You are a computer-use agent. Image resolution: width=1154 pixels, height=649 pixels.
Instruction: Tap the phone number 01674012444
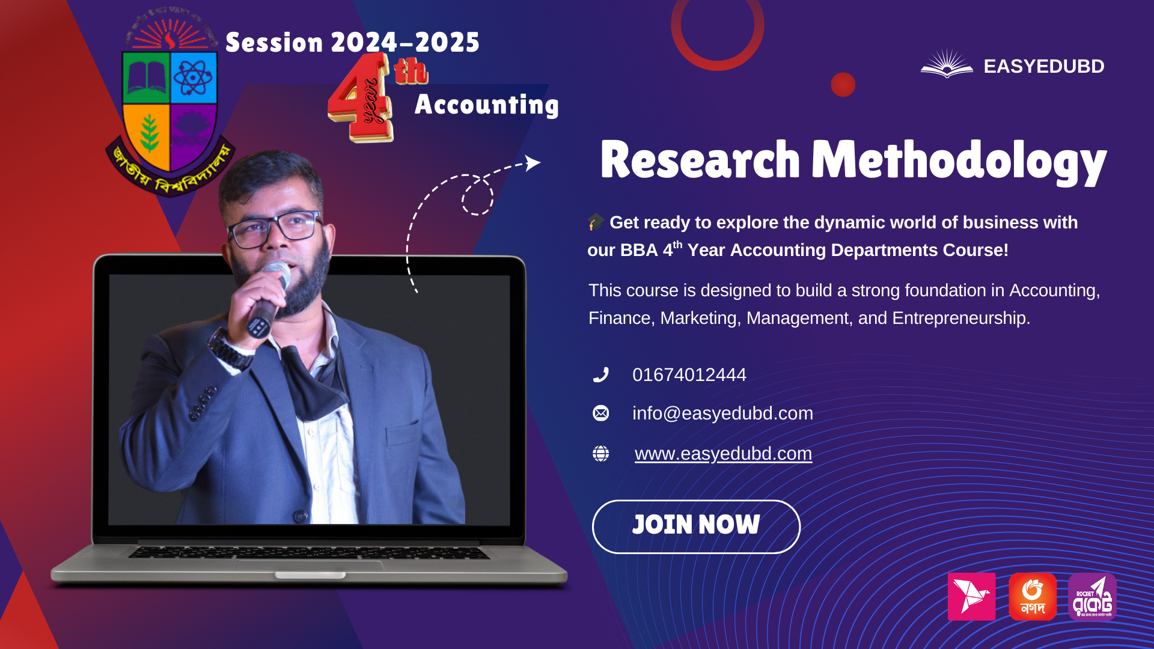[689, 375]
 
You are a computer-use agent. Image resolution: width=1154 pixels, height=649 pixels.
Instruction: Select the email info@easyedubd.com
[722, 413]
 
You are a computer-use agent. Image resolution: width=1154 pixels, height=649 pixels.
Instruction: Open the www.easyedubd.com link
[723, 454]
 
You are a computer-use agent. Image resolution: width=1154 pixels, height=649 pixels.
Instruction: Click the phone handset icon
[600, 375]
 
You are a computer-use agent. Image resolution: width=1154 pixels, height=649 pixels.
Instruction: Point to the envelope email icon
[600, 413]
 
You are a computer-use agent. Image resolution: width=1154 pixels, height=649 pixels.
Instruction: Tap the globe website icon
[600, 454]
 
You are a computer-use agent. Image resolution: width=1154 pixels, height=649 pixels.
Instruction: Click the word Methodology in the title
[959, 160]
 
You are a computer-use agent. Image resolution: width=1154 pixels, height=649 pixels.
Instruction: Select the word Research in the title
[700, 160]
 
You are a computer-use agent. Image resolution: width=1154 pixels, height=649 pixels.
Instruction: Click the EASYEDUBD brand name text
[1043, 66]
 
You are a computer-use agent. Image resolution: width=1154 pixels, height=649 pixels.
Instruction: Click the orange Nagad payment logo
[1033, 597]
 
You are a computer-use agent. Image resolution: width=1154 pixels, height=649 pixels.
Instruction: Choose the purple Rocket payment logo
[1092, 597]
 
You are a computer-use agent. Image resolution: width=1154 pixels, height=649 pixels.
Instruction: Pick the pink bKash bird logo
[971, 597]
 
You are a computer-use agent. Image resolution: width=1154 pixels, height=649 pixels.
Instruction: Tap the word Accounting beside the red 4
[486, 105]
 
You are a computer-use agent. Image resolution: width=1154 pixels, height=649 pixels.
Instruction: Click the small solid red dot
[843, 85]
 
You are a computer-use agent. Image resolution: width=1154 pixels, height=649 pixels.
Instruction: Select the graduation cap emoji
[596, 222]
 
